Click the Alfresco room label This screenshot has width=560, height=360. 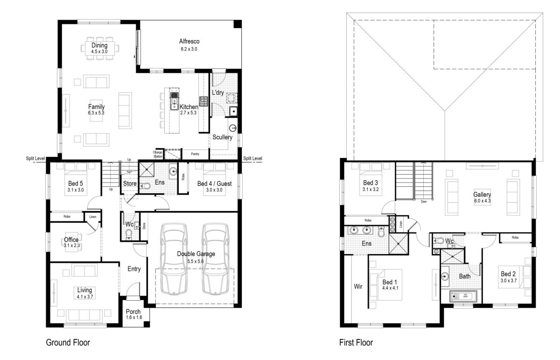[x=189, y=41]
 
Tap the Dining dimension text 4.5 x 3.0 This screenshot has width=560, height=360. [x=99, y=51]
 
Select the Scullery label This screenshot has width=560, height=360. [x=222, y=137]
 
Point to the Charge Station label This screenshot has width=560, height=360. [x=158, y=155]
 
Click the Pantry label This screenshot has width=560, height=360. [x=195, y=154]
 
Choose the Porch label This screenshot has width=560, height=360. [x=133, y=311]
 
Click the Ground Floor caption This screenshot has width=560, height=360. [x=68, y=342]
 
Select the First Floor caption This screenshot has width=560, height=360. [x=356, y=342]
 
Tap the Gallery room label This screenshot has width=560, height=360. [x=482, y=194]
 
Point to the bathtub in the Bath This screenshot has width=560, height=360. [x=463, y=296]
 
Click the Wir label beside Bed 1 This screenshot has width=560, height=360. [x=358, y=286]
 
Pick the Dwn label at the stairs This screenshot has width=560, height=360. [x=424, y=201]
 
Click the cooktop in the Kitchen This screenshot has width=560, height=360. [x=203, y=101]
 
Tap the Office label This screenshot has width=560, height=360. [x=71, y=240]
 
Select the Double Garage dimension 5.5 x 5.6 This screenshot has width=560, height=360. [x=196, y=261]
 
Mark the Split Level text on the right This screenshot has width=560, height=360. [x=252, y=158]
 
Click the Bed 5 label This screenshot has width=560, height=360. [x=76, y=184]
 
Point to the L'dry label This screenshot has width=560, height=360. [x=218, y=92]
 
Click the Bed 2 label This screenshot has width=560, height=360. [x=508, y=274]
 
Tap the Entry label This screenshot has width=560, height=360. [x=134, y=269]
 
